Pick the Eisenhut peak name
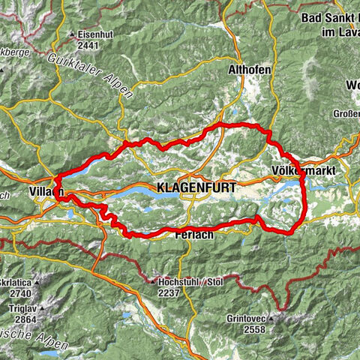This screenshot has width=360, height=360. (x=95, y=34)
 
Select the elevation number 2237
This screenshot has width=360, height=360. (x=171, y=293)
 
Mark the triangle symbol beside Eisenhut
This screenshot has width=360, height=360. (x=72, y=34)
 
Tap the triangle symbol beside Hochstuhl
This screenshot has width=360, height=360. (x=151, y=283)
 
